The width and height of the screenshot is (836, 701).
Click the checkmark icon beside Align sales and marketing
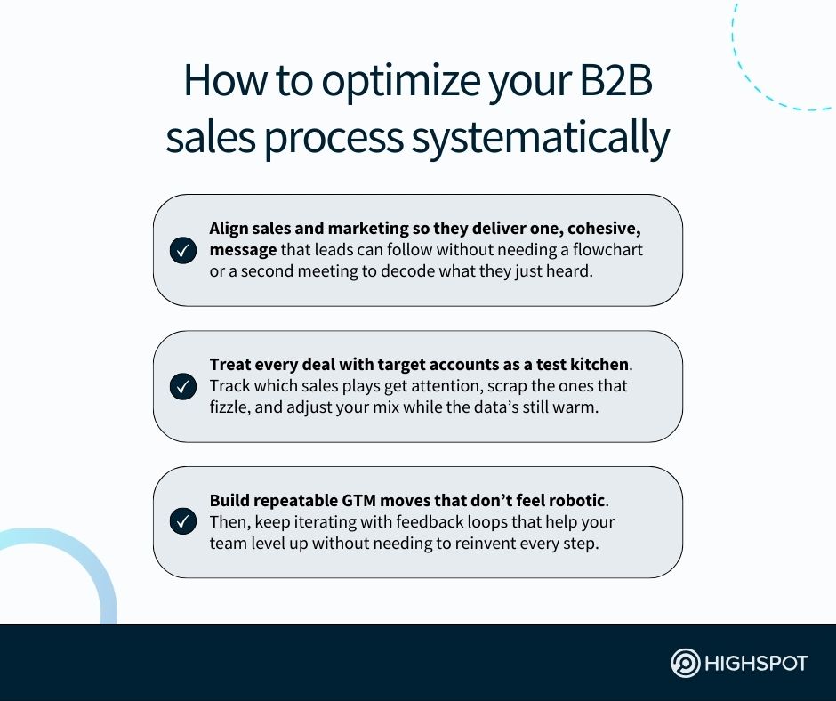coord(182,251)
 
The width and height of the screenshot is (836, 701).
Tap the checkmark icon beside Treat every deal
coord(182,387)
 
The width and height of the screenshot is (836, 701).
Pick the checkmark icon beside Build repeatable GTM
coord(182,522)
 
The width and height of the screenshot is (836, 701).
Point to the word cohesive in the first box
coord(598,229)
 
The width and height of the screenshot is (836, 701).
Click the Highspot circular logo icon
coord(686,664)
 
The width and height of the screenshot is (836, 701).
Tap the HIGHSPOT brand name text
coord(756,664)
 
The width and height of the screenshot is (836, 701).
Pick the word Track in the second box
coord(229,386)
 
